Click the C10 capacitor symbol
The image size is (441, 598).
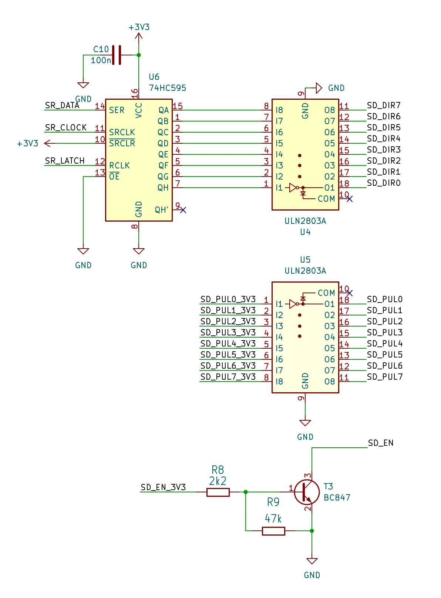point(117,55)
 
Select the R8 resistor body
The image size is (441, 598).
point(218,492)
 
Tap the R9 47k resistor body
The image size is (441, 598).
point(273,531)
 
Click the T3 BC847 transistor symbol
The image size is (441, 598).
point(307,492)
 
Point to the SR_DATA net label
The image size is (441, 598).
point(62,106)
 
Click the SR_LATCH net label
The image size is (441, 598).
point(65,161)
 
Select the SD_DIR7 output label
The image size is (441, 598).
point(384,106)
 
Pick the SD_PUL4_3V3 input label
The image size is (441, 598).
point(228,344)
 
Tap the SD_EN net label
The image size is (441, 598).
point(381,443)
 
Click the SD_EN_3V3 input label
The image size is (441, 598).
point(163,488)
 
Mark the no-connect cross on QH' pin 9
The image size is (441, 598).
point(183,210)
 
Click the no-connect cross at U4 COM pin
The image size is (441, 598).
point(349,199)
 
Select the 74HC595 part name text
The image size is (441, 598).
point(167,88)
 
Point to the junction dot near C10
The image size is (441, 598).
point(139,55)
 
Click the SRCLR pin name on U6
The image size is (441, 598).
point(122,143)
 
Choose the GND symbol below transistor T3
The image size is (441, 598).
point(312,561)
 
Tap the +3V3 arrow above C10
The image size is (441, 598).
point(139,36)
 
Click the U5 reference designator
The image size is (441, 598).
point(305,260)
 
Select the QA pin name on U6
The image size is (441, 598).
point(164,110)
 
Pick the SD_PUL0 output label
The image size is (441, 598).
point(384,300)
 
